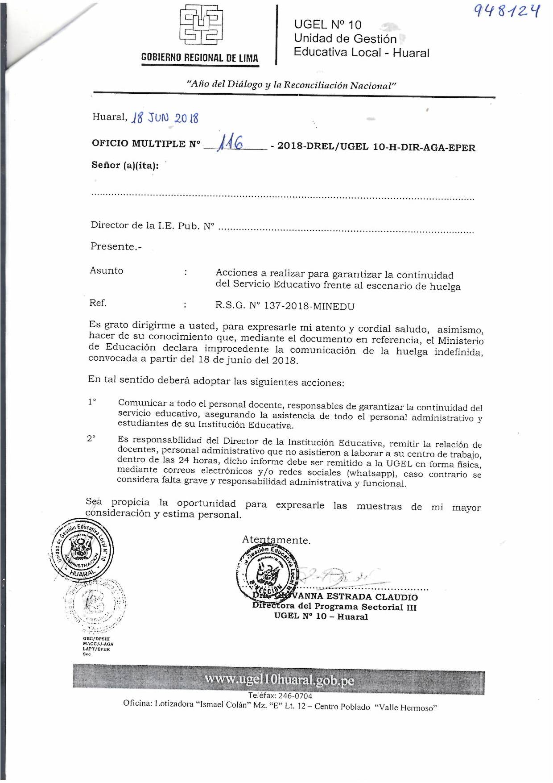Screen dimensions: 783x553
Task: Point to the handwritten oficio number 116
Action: [x=230, y=144]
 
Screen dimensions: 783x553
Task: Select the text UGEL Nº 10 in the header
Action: [x=327, y=25]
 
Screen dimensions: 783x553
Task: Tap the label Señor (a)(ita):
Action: [x=125, y=165]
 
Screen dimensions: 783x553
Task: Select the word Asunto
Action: [x=107, y=271]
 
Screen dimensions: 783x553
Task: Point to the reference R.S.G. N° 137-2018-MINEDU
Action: [x=285, y=306]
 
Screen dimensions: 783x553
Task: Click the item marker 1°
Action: [x=92, y=402]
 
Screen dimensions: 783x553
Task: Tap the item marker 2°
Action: [x=91, y=439]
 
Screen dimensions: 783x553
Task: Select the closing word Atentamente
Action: [x=276, y=540]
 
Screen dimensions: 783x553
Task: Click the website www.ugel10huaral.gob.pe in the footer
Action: [x=280, y=680]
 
